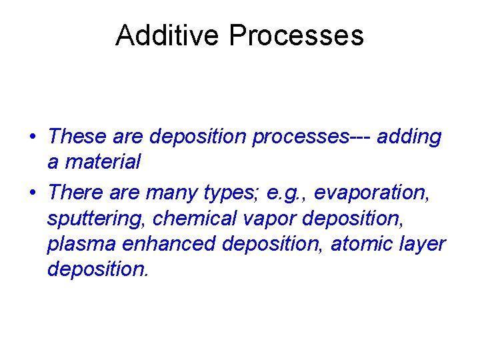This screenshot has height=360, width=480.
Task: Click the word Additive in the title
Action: pos(168,35)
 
